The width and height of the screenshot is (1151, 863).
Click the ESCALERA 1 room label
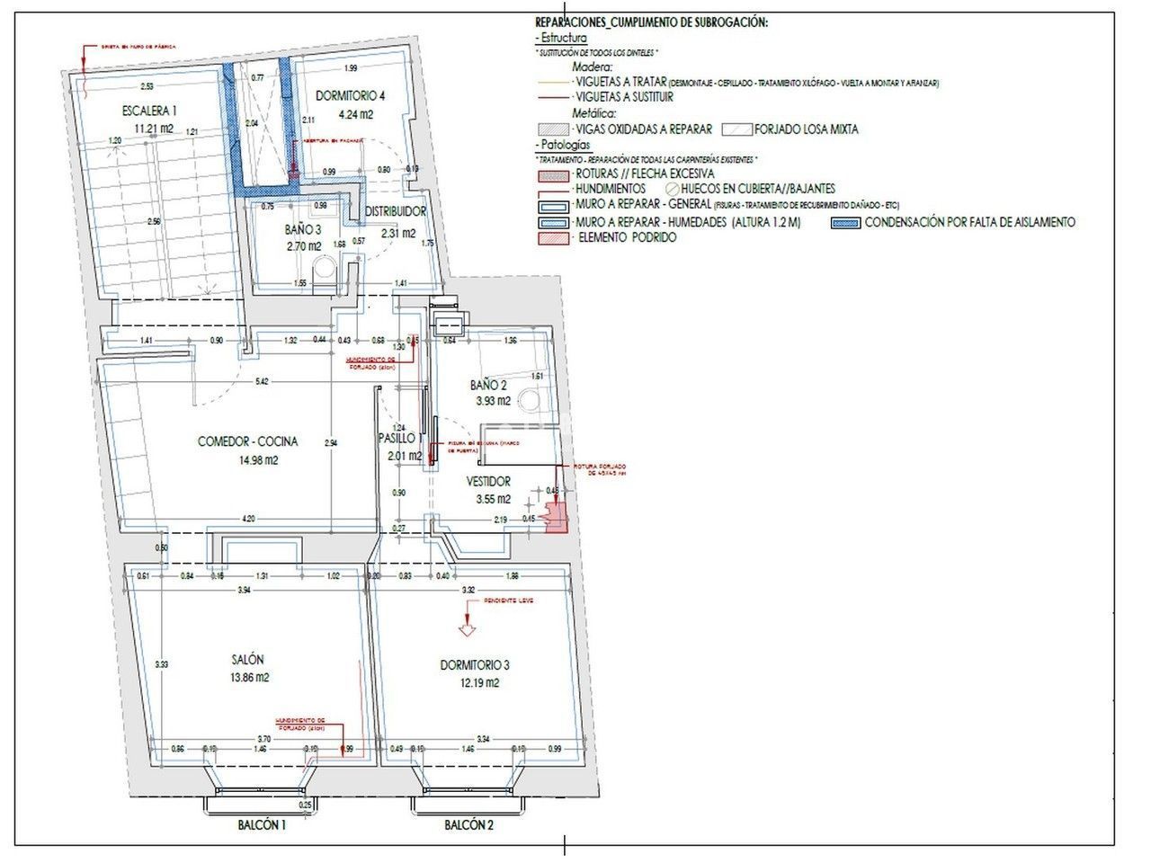point(148,111)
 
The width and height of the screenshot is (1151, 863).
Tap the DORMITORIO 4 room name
point(351,96)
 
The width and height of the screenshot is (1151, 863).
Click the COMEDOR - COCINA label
point(247,441)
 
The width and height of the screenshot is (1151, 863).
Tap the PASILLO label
point(397,439)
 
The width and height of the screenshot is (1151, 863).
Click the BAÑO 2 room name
point(489,385)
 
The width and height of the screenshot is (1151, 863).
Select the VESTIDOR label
point(488,481)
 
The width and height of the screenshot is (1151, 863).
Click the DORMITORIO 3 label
point(475,665)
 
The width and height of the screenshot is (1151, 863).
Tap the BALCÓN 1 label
point(262,824)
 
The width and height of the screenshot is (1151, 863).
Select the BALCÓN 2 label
point(469,824)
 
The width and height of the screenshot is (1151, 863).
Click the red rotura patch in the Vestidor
point(557,519)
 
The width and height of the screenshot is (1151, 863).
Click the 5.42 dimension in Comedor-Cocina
point(262,382)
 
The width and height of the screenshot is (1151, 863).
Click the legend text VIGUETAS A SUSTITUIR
point(623,97)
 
